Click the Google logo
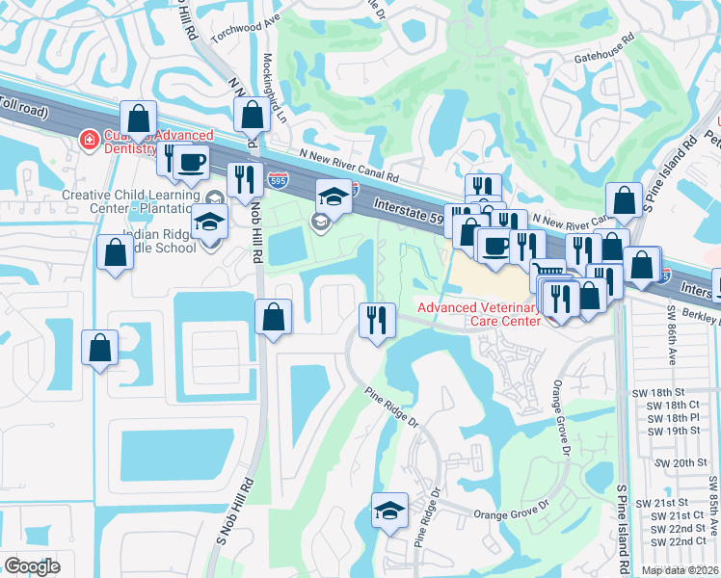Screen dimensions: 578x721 click(x=32, y=566)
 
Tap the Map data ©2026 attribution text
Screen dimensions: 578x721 click(x=680, y=570)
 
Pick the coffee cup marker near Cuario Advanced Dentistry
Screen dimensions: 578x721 click(x=192, y=163)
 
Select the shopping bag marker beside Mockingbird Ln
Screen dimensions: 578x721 click(x=252, y=115)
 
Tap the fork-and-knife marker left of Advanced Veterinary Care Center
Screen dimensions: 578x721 click(x=377, y=318)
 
